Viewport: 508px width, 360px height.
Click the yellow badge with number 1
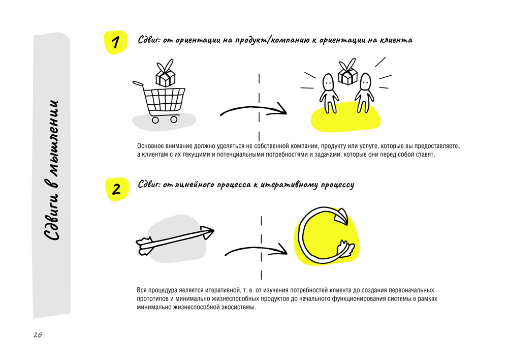pos(116,43)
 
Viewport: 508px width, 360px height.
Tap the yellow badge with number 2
pos(117,189)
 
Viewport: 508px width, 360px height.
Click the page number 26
pos(38,335)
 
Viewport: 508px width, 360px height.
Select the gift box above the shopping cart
pos(166,73)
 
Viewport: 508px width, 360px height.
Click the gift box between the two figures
pos(347,72)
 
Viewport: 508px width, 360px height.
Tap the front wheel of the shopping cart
pos(174,119)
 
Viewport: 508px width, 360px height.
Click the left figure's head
pos(328,82)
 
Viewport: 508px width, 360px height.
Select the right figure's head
pos(365,82)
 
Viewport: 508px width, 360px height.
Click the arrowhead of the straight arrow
pos(207,232)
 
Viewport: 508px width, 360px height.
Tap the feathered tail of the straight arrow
pos(144,246)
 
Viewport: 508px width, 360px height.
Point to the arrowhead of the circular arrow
pos(341,216)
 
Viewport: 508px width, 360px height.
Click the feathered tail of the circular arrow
pos(345,249)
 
